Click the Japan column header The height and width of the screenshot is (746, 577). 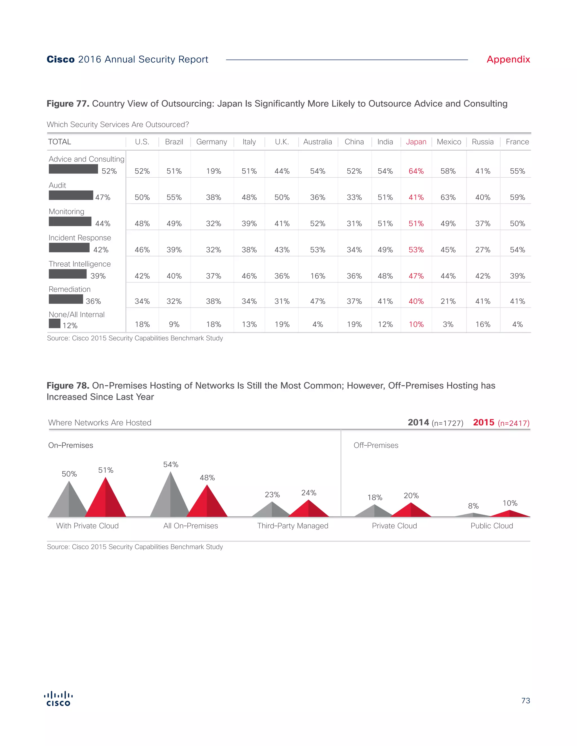pos(416,142)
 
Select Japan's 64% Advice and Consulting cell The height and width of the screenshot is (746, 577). pos(416,171)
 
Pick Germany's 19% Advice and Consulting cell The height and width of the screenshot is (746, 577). pos(213,171)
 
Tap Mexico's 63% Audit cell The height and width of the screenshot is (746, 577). pos(448,197)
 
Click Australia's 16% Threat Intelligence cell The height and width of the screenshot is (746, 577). pos(318,276)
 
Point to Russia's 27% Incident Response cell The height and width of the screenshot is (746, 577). pos(483,250)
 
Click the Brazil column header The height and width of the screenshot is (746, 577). pos(174,142)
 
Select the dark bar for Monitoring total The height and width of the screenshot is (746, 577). pos(70,221)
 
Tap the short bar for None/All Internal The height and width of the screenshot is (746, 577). pos(55,323)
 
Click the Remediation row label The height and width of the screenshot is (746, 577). pos(69,289)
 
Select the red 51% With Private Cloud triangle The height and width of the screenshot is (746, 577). pos(106,502)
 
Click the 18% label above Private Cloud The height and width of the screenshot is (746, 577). pos(375,497)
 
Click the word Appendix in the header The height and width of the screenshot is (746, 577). pos(508,59)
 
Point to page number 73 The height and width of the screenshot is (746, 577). pos(525,701)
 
